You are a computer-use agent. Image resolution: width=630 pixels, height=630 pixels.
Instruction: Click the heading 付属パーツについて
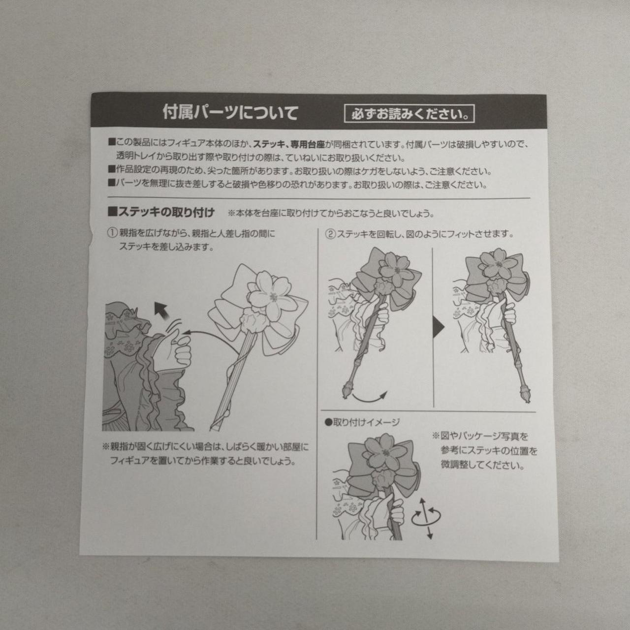230,113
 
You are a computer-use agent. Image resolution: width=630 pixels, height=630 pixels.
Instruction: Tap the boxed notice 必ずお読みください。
409,114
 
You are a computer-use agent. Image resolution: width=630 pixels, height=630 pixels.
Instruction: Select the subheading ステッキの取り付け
161,213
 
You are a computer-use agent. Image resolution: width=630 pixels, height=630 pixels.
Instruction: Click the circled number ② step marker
331,234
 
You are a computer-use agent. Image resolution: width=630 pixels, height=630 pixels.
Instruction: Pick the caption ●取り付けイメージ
362,423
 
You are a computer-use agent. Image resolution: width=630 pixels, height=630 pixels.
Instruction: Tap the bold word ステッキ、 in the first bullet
271,144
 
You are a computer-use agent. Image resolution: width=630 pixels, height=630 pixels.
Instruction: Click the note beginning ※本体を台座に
331,214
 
